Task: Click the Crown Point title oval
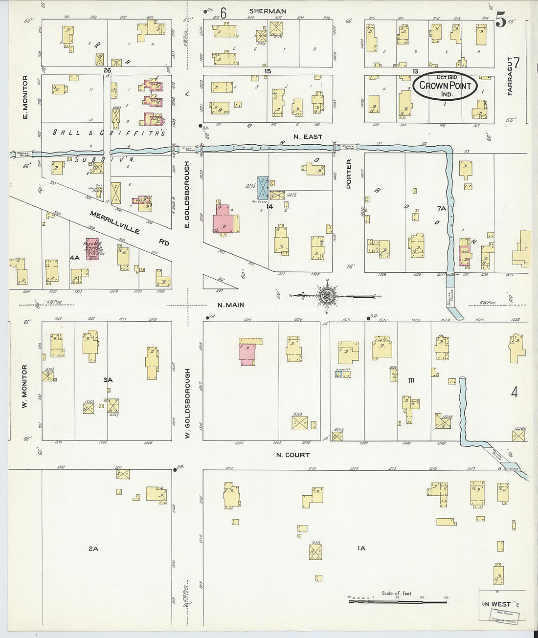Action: click(445, 86)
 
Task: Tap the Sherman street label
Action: click(268, 11)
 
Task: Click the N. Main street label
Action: click(231, 305)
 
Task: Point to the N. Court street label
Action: click(293, 455)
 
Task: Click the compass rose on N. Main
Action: click(327, 295)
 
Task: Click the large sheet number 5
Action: click(500, 21)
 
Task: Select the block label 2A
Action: click(93, 549)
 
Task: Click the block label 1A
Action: click(361, 548)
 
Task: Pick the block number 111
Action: click(411, 380)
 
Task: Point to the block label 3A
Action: click(108, 379)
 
